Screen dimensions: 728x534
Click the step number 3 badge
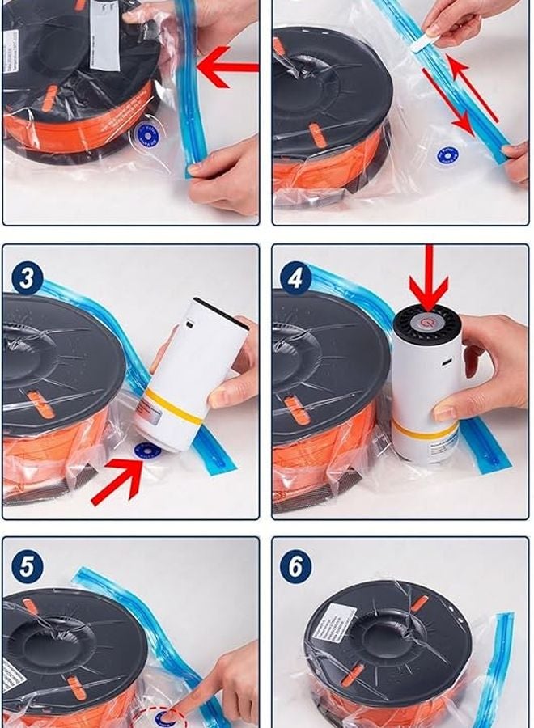27,279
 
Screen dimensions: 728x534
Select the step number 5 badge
27,567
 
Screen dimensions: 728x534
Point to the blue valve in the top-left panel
147,133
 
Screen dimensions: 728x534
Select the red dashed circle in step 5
169,717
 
